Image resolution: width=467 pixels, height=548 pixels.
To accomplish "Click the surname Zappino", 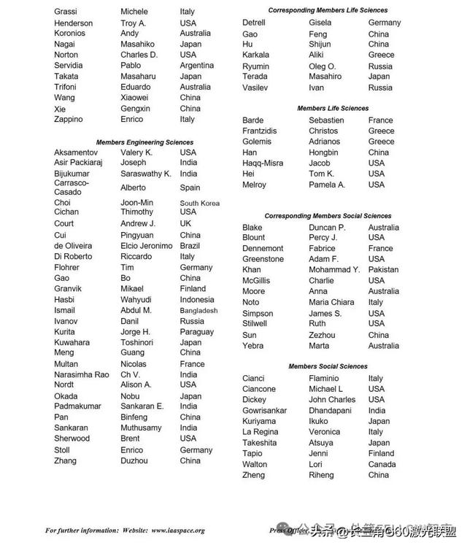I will (69, 120).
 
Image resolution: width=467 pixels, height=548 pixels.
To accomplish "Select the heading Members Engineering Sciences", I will (144, 142).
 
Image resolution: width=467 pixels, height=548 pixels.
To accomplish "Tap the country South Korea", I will (200, 204).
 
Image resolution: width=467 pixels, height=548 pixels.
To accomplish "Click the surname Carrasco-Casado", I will (72, 188).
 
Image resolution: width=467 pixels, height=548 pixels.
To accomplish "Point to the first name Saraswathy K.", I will (146, 174).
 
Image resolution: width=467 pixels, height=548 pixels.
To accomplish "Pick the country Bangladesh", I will (198, 311).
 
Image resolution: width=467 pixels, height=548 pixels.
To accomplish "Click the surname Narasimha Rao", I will (82, 375).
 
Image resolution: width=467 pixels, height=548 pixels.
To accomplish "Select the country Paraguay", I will (197, 332).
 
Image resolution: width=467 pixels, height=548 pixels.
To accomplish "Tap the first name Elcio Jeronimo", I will (147, 247).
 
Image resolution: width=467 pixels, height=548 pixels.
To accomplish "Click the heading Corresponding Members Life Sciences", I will (328, 11).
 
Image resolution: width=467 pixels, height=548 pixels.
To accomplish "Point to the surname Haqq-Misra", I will (263, 163).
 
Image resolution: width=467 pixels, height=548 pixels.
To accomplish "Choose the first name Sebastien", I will (326, 120).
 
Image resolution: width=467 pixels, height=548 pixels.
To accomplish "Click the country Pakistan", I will (383, 270).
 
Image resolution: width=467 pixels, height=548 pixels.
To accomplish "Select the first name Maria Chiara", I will (331, 302).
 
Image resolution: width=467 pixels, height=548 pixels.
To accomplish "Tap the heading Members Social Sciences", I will (328, 366).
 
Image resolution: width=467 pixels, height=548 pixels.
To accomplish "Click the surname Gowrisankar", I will (265, 411).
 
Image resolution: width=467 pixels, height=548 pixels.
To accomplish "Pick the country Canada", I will (382, 465).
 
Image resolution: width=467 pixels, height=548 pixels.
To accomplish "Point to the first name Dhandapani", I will (331, 411).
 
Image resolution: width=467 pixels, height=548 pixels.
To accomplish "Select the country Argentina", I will (197, 66).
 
